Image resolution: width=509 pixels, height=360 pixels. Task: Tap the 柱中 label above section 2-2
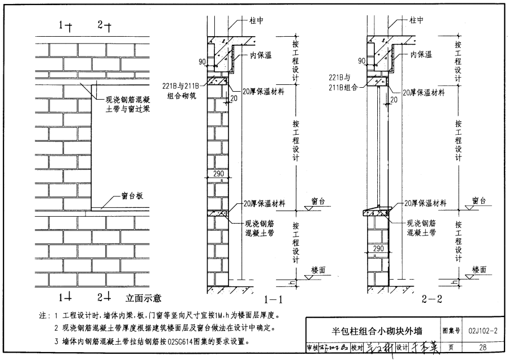(417, 20)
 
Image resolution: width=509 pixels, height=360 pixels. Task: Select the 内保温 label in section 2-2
(421, 55)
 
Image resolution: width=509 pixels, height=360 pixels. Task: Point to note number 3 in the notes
(57, 342)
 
